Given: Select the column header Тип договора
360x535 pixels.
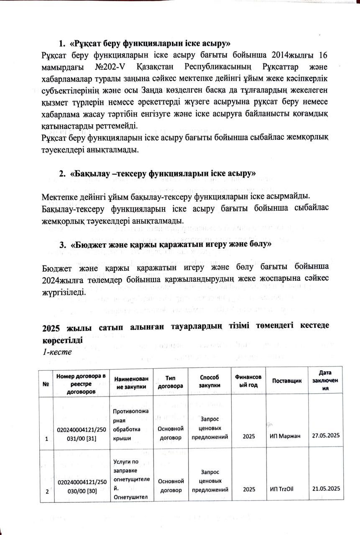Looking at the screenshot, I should [x=170, y=382].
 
